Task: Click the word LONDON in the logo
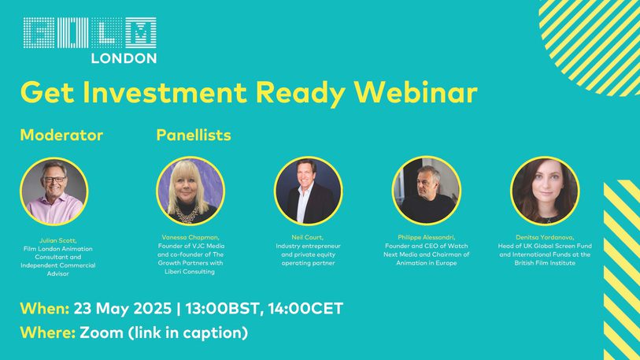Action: pyautogui.click(x=124, y=58)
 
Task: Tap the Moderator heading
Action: pyautogui.click(x=61, y=135)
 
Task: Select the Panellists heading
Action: pyautogui.click(x=194, y=135)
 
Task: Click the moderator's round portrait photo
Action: pyautogui.click(x=54, y=191)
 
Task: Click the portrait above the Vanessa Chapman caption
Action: pyautogui.click(x=191, y=191)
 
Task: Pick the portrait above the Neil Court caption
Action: pyautogui.click(x=308, y=191)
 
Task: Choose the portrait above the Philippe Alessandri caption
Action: pyautogui.click(x=427, y=191)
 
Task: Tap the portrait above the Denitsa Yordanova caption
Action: pyautogui.click(x=545, y=191)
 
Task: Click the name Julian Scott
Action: pyautogui.click(x=58, y=240)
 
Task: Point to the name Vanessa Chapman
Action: pyautogui.click(x=191, y=237)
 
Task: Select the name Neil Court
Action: pyautogui.click(x=307, y=237)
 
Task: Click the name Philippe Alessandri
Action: pyautogui.click(x=426, y=237)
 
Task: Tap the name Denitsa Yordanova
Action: pyautogui.click(x=545, y=237)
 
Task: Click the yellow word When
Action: pyautogui.click(x=45, y=309)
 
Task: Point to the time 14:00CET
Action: pyautogui.click(x=305, y=309)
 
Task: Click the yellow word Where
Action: pyautogui.click(x=48, y=332)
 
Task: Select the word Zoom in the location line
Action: pyautogui.click(x=102, y=332)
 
